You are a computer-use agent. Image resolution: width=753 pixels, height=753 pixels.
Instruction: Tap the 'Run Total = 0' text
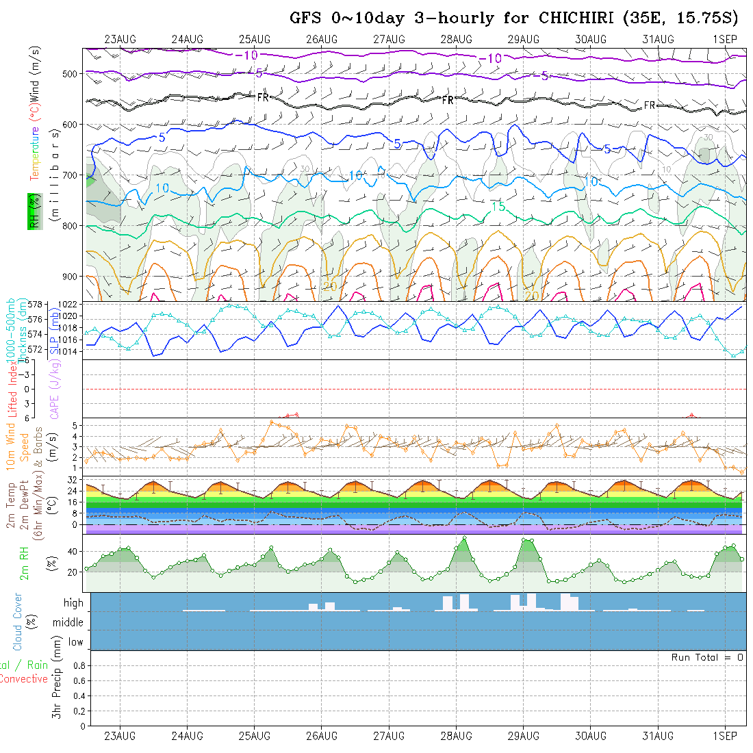pyautogui.click(x=707, y=657)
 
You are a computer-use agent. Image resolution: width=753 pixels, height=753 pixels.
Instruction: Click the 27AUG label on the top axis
pyautogui.click(x=389, y=39)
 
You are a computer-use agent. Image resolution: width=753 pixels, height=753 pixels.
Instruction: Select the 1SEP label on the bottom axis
pyautogui.click(x=725, y=736)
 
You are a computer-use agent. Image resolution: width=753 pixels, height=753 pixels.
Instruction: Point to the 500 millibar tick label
pyautogui.click(x=72, y=73)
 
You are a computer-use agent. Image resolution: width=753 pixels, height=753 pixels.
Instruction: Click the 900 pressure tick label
pyautogui.click(x=72, y=277)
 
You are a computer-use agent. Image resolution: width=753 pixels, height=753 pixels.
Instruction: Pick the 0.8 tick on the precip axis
pyautogui.click(x=77, y=665)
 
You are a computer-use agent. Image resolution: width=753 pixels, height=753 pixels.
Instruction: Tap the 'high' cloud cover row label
pyautogui.click(x=73, y=603)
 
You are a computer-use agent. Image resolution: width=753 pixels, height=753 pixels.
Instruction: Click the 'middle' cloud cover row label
pyautogui.click(x=68, y=623)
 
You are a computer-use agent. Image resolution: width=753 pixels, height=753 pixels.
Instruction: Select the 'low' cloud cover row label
pyautogui.click(x=75, y=642)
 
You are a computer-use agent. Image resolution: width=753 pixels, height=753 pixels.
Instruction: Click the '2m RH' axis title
pyautogui.click(x=25, y=563)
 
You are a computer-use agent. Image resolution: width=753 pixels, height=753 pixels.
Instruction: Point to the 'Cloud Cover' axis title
pyautogui.click(x=18, y=622)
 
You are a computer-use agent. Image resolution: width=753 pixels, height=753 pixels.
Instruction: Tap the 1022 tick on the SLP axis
pyautogui.click(x=69, y=304)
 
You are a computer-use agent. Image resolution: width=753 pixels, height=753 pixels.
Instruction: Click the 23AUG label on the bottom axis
pyautogui.click(x=120, y=736)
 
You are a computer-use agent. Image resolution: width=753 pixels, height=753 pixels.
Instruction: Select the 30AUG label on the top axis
pyautogui.click(x=591, y=39)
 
